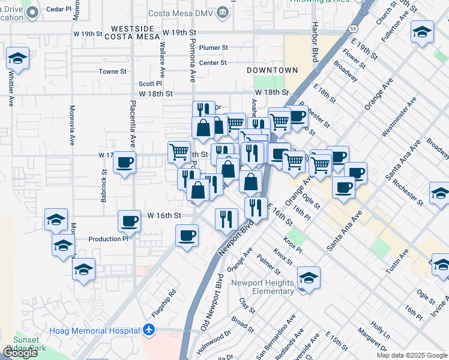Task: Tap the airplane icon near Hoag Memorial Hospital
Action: pos(149,330)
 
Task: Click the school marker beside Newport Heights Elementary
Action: pos(309,278)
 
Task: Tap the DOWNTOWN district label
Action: pos(272,70)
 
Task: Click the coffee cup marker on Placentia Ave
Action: pos(125,163)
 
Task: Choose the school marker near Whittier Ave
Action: pos(18,59)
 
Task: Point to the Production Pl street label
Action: pos(109,239)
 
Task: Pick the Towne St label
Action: pos(110,71)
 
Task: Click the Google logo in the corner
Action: pos(20,353)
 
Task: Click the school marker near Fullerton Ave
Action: pos(422,32)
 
